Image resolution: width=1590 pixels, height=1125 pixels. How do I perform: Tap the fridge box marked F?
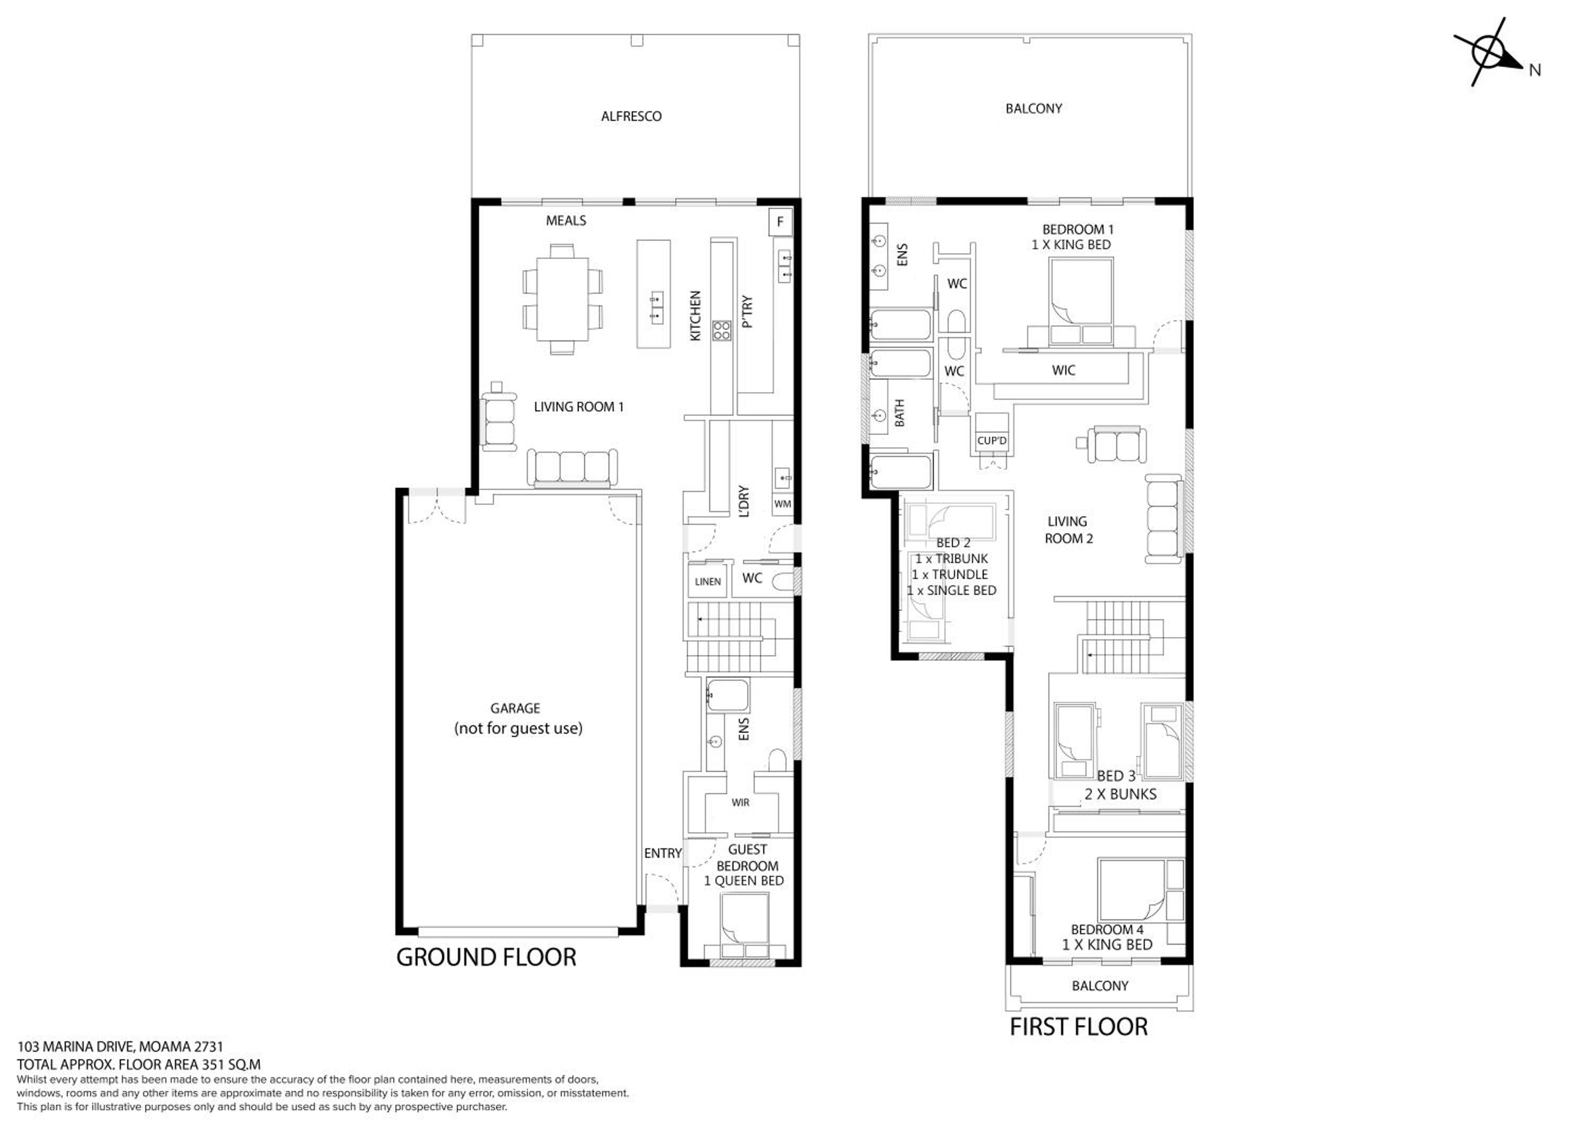coord(781,222)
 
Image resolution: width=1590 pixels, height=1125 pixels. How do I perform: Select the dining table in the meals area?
coord(562,298)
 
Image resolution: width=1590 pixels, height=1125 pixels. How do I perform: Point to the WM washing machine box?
coord(782,504)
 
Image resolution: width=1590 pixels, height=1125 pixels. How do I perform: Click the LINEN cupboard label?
coord(708,582)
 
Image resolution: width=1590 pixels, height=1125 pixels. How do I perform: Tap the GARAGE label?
coord(515,708)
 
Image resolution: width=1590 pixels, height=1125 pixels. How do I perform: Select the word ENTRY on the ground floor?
coord(662,854)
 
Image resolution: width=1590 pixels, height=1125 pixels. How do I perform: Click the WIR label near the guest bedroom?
coord(740,803)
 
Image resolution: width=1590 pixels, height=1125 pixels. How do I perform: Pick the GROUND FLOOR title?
coord(486,957)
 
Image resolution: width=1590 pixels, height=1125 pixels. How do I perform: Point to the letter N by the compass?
coord(1534,70)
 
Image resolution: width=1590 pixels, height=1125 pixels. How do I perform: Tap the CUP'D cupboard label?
coord(992,441)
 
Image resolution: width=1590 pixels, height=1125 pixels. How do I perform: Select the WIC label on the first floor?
coord(1064,371)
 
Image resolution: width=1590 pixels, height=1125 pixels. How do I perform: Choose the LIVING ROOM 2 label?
coord(1068,530)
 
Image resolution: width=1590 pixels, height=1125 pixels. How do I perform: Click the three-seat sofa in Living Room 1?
coord(572,468)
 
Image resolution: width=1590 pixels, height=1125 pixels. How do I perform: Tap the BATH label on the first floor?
coord(899,413)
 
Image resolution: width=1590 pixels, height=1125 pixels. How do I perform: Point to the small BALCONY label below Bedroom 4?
coord(1100,986)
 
